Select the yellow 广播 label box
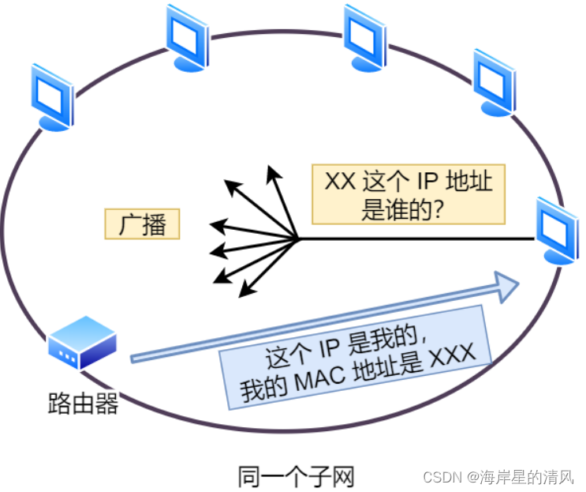142,224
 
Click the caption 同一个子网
296,476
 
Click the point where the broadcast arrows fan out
297,238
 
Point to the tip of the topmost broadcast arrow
271,167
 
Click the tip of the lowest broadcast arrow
240,295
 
